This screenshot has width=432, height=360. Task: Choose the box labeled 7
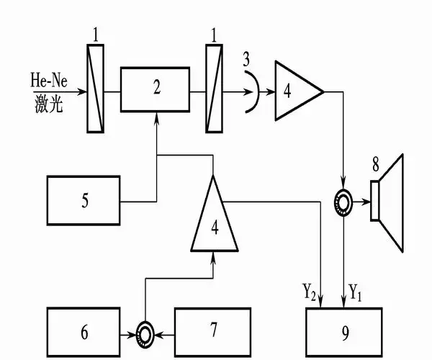[213, 332]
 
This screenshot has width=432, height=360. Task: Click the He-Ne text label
[49, 78]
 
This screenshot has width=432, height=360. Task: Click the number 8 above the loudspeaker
[376, 163]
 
